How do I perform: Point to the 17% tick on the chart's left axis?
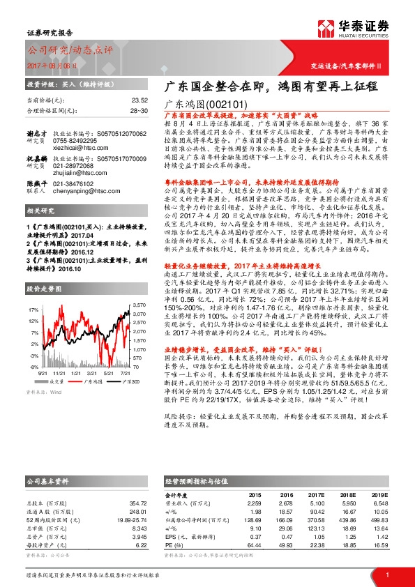tap(32, 308)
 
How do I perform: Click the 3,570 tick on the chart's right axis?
tap(138, 305)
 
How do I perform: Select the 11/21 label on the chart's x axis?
tap(59, 373)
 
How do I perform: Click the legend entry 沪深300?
tap(119, 381)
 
